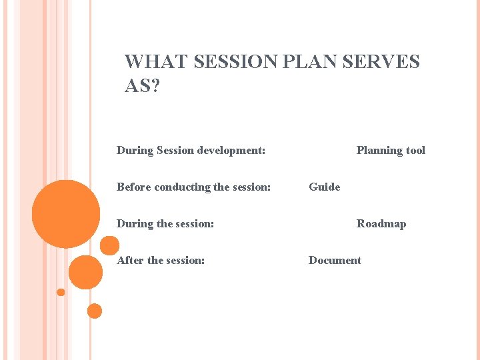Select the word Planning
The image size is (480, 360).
pos(380,151)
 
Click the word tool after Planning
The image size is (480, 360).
pos(416,151)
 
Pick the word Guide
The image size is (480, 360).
pos(324,187)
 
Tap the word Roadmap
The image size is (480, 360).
pos(381,224)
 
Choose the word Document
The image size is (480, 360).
pos(335,261)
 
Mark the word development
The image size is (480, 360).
pos(233,151)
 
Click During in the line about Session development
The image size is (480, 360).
pos(135,151)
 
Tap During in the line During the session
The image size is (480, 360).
pos(135,224)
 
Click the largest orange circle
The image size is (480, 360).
pos(66,214)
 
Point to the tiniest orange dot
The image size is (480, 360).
pos(61,292)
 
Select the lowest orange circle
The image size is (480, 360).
pos(95,311)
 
